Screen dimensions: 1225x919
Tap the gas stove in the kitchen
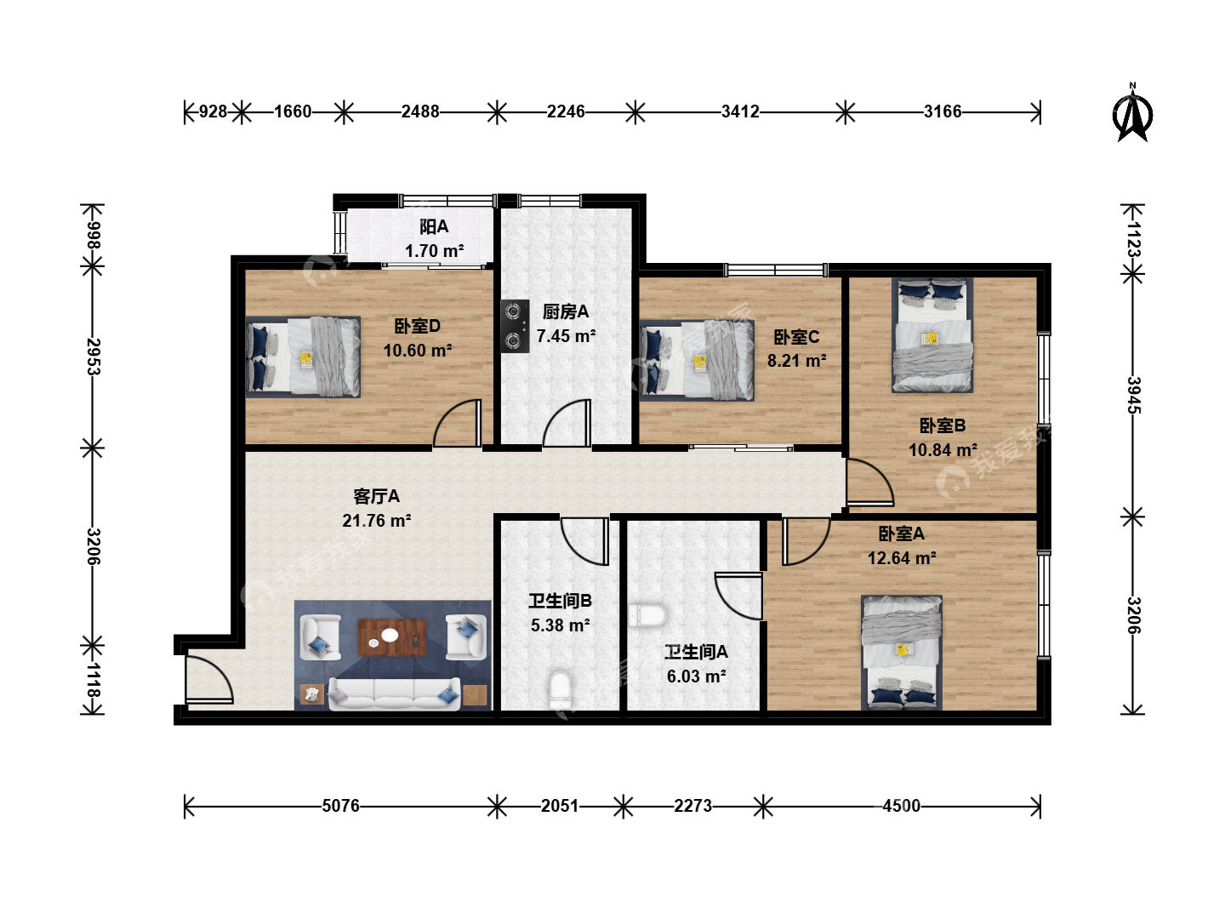(515, 327)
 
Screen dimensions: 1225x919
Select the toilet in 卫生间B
(560, 690)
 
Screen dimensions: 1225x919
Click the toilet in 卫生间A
(647, 616)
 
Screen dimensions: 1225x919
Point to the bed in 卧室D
(303, 357)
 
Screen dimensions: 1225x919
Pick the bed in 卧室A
(901, 653)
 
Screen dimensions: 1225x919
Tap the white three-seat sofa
(395, 694)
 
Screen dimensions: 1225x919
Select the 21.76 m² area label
(377, 521)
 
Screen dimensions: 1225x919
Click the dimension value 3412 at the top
(740, 111)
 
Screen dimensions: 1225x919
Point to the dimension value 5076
(340, 806)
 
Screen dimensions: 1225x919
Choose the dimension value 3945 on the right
(1133, 395)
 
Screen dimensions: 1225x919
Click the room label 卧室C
(796, 337)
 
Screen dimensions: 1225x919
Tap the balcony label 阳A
(434, 226)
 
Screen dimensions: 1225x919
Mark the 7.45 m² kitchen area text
(566, 336)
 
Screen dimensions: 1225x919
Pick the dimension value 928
(213, 111)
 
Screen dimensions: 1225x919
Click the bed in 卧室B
(932, 334)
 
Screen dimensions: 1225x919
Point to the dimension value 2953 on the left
(93, 357)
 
